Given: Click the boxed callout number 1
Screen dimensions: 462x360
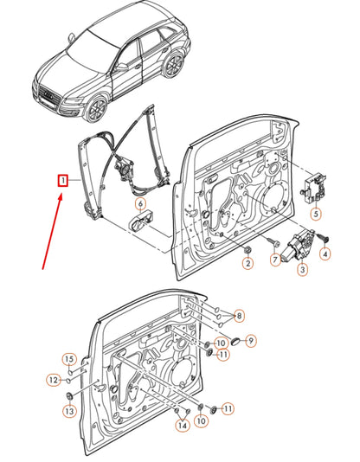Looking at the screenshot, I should [63, 180].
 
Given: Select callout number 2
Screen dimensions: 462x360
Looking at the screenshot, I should [247, 262].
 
